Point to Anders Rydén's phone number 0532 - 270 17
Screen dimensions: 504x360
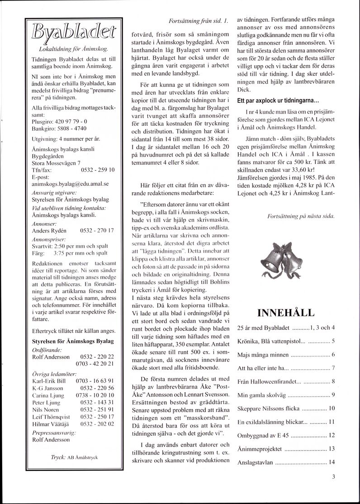pyautogui.click(x=97, y=230)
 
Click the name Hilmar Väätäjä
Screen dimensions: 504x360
pyautogui.click(x=50, y=423)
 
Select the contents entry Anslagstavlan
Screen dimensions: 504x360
pyautogui.click(x=256, y=462)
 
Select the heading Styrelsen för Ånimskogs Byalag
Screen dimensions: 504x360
pyautogui.click(x=72, y=341)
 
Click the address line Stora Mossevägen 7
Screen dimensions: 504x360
pyautogui.click(x=57, y=163)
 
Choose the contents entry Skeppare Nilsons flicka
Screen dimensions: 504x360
pyautogui.click(x=268, y=409)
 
